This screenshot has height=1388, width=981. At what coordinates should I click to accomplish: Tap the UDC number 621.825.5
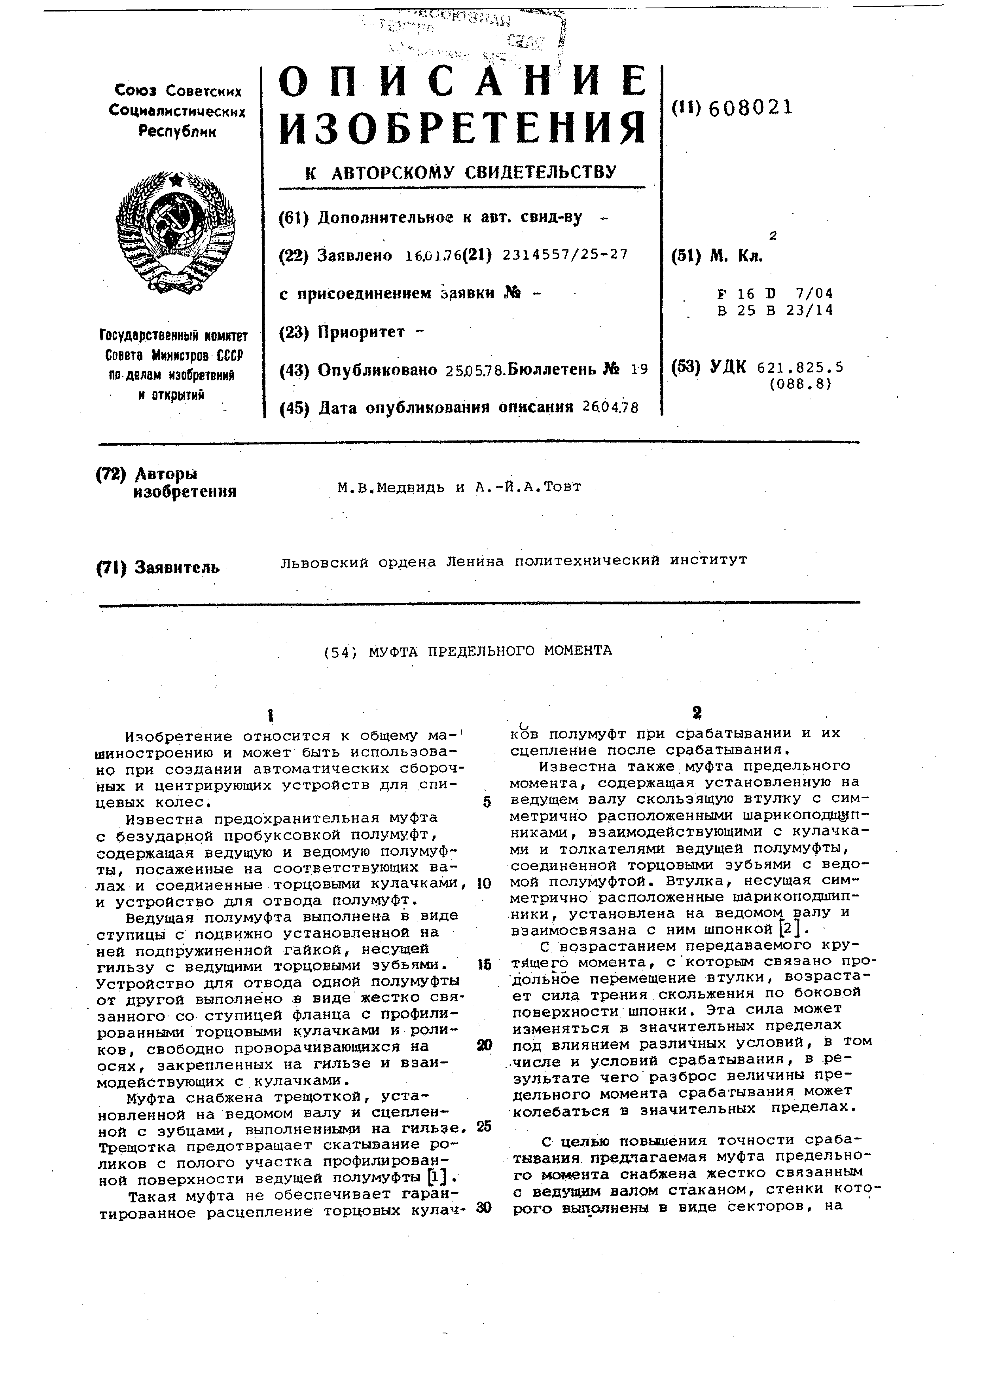[800, 367]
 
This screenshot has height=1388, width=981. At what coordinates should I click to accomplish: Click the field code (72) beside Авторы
[112, 474]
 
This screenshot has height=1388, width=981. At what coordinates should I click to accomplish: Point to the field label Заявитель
[177, 568]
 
